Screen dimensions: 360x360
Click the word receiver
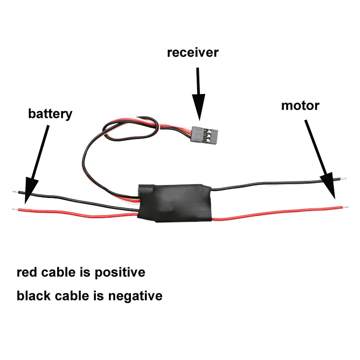point(193,53)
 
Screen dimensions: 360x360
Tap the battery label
point(50,114)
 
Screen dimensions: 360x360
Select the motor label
point(300,106)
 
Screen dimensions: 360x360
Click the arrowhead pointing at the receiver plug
point(199,107)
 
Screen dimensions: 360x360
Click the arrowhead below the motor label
point(328,185)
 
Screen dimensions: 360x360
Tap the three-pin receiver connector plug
point(204,135)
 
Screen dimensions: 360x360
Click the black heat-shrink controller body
point(175,203)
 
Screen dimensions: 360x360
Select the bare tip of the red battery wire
point(15,209)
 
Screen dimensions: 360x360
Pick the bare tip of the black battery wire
point(15,191)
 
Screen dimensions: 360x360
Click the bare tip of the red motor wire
point(346,207)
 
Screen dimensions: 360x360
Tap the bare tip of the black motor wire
point(343,178)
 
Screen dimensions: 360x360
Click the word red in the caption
point(27,273)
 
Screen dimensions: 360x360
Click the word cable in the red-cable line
point(58,272)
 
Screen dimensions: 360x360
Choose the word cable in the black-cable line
point(72,296)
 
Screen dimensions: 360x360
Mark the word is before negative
point(99,296)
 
